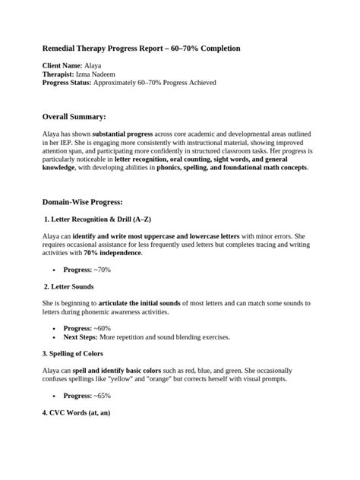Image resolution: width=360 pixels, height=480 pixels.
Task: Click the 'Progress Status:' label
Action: pos(67,83)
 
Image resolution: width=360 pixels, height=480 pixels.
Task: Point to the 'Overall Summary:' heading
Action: pos(74,117)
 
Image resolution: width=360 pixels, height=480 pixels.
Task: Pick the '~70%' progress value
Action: pos(103,270)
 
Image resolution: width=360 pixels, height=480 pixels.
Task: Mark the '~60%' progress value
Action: pos(103,329)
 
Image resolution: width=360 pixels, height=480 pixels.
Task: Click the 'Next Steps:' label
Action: pos(82,337)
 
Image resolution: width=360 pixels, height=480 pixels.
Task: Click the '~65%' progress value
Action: pos(103,396)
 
